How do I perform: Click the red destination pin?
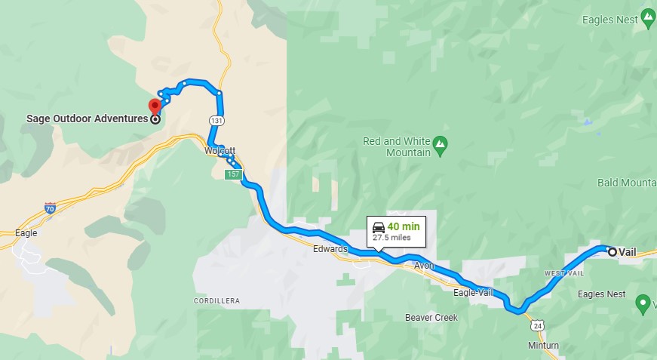click(x=155, y=106)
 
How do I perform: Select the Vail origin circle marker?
click(x=612, y=252)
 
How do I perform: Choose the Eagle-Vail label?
click(x=474, y=291)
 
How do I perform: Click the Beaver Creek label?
click(x=431, y=318)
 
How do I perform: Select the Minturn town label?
click(x=544, y=346)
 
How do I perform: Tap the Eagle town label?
click(x=26, y=233)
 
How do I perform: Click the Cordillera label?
click(x=216, y=300)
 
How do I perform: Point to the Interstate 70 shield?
click(x=50, y=208)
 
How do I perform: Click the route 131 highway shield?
click(x=215, y=121)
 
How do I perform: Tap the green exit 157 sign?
click(x=233, y=174)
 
